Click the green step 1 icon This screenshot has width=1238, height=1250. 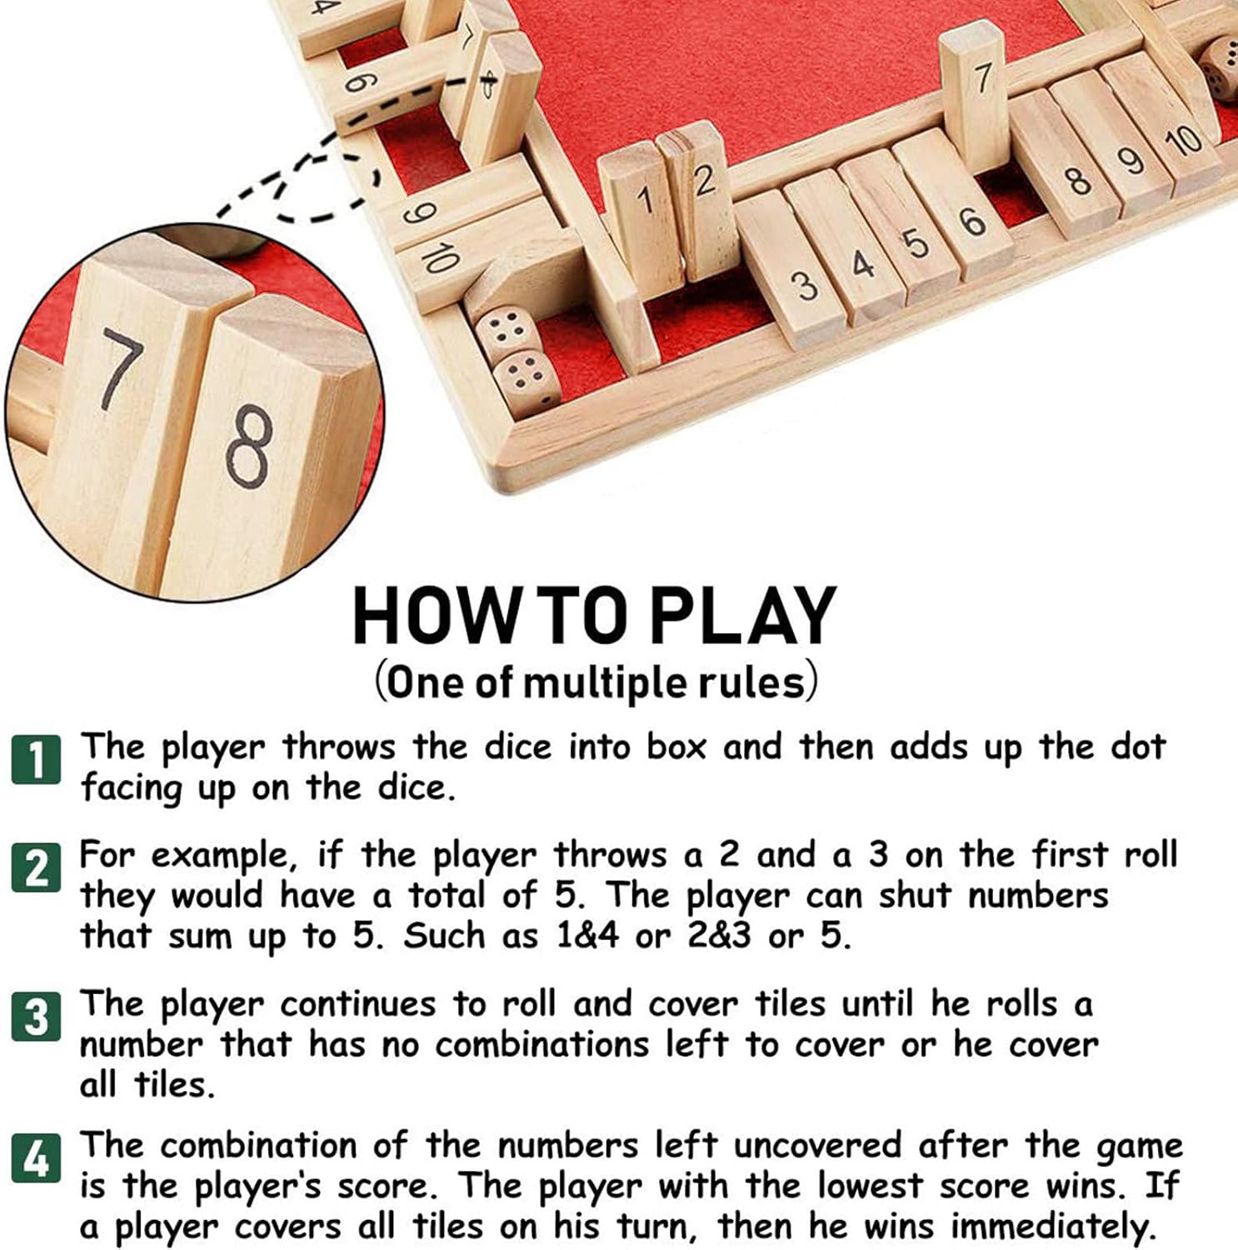(36, 759)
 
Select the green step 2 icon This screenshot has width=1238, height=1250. (36, 867)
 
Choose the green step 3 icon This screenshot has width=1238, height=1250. (36, 1016)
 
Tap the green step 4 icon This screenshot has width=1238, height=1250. (36, 1157)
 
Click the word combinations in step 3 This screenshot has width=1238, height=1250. (541, 1044)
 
